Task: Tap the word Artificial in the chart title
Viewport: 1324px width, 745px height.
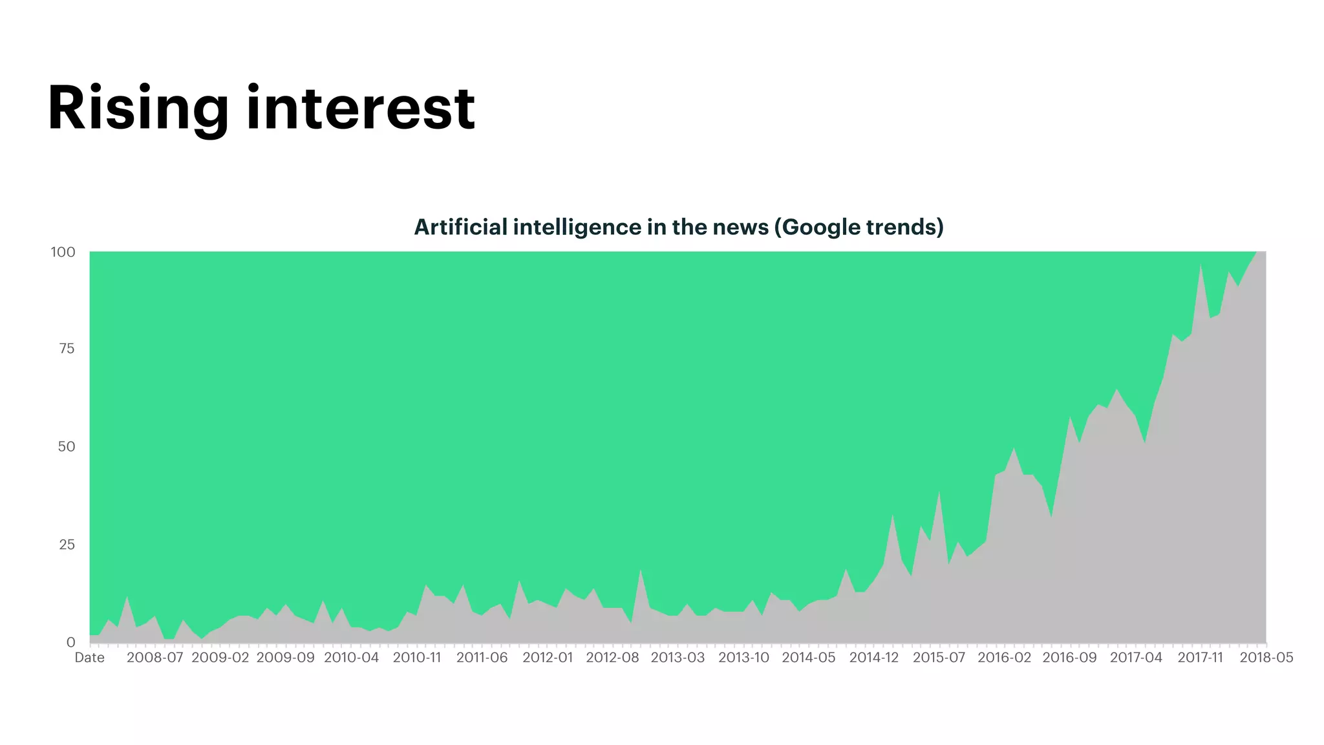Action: [460, 227]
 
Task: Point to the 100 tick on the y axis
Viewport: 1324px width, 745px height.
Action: [63, 252]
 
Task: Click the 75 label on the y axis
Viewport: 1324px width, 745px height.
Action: [67, 349]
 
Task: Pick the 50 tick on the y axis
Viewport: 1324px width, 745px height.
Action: [67, 447]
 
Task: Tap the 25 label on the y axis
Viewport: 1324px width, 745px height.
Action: [67, 545]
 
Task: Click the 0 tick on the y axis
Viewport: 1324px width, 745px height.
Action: [71, 642]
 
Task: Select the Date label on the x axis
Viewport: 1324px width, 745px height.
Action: [89, 658]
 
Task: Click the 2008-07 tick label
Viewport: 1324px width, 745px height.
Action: [155, 658]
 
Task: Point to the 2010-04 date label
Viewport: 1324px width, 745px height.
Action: [351, 658]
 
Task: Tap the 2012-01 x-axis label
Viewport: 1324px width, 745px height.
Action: [548, 658]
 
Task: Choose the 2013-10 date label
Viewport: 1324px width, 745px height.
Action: [743, 658]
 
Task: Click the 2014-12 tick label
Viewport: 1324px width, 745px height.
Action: [874, 658]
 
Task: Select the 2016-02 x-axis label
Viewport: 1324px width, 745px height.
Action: [1004, 658]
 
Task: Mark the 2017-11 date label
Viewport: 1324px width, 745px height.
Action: [1201, 658]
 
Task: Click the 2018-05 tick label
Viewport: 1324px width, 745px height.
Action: [1266, 658]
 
